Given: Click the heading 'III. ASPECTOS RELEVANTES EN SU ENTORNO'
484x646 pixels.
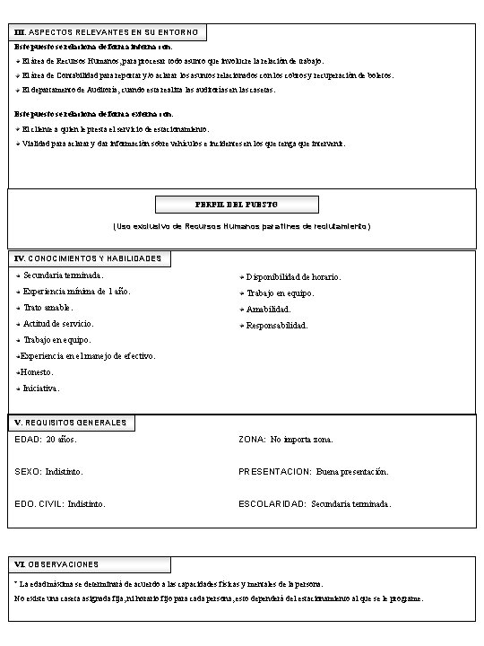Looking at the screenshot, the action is pyautogui.click(x=108, y=33).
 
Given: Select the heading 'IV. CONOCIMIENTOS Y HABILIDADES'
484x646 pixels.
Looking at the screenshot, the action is pyautogui.click(x=89, y=258).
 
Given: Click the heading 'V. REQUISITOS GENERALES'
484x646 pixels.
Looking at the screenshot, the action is pyautogui.click(x=71, y=422).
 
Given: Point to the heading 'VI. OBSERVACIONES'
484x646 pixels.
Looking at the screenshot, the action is pyautogui.click(x=57, y=564).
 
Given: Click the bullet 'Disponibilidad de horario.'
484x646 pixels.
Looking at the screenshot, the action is pyautogui.click(x=293, y=276).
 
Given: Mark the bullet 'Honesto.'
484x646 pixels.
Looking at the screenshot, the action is pyautogui.click(x=37, y=371).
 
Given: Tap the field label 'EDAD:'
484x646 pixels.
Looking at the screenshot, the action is pyautogui.click(x=28, y=440).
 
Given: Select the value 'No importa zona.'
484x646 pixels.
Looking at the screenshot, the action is pyautogui.click(x=302, y=440).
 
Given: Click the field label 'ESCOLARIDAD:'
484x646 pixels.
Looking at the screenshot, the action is pyautogui.click(x=272, y=504).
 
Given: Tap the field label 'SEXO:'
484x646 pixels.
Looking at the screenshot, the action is pyautogui.click(x=28, y=471).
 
